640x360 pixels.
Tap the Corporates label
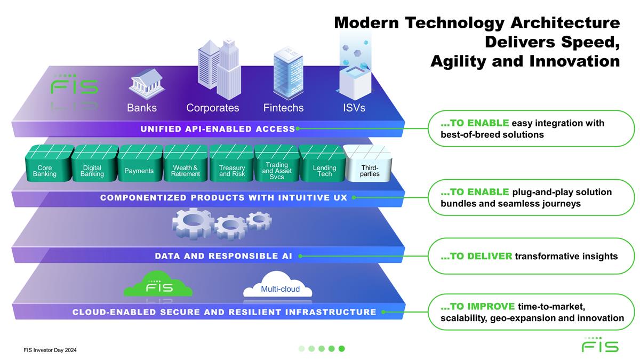click(212, 108)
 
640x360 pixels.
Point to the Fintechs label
click(283, 108)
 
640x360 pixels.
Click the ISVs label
click(354, 108)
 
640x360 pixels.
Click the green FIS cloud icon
click(158, 285)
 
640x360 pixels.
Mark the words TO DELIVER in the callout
click(477, 257)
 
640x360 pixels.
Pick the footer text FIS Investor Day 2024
click(53, 350)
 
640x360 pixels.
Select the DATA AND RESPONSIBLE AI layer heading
click(223, 256)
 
